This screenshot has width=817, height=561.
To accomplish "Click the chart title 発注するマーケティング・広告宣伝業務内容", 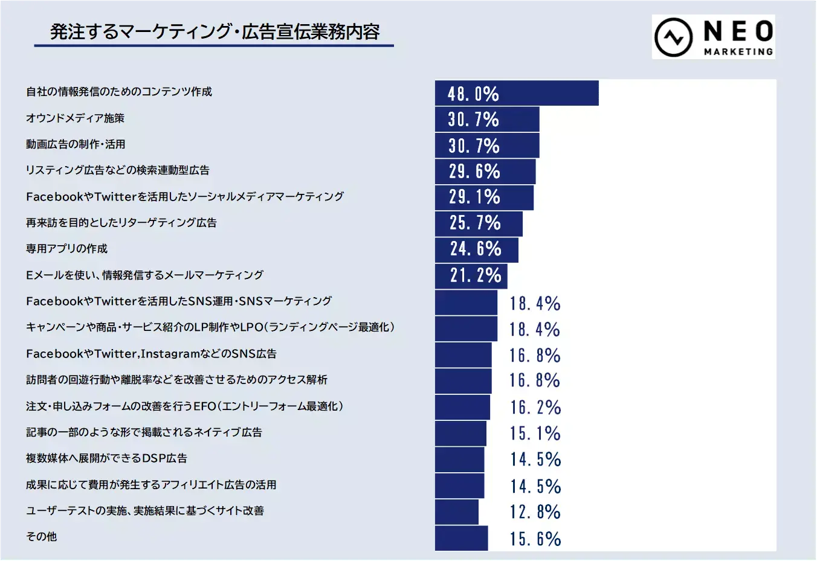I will pos(215,31).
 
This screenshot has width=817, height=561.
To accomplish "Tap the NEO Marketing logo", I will pos(713,37).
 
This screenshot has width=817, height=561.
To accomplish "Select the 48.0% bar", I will pos(517,93).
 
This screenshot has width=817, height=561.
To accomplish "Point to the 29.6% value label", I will pos(474,172).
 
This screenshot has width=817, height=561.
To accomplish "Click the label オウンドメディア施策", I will pos(75,118).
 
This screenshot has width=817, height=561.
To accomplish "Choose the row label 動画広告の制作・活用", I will pos(76,144).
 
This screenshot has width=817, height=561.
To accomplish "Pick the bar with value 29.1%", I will pos(484,197).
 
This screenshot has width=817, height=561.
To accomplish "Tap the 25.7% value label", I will pos(475,223).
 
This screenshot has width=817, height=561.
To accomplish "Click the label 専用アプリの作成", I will pos(66,249).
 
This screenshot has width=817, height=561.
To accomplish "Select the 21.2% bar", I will pos(471,276).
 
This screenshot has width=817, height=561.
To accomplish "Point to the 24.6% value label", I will pos(476,249).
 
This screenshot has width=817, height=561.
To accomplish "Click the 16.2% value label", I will pos(535,408).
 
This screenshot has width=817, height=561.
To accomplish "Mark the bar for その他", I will pos(461,538).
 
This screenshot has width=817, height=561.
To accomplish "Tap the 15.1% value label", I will pos(535,434).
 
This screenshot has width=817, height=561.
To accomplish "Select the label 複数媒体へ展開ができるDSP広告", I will pos(106,458).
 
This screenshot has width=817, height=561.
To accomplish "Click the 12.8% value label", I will pos(535,512).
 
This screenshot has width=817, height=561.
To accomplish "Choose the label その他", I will pos(41,537).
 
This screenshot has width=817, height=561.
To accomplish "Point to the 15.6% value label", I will pos(535,539).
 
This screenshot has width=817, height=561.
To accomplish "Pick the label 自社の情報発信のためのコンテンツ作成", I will pos(119,92).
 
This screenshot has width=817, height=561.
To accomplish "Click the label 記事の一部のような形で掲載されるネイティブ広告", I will pos(144,432).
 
